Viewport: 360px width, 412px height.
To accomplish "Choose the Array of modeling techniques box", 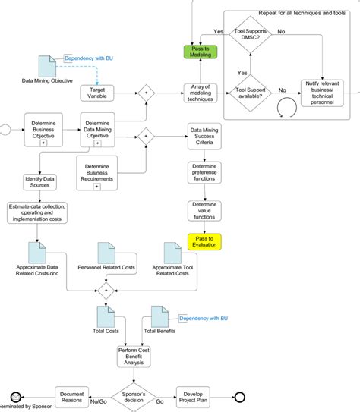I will coord(200,93).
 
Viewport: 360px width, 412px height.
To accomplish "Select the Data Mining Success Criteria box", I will coord(205,137).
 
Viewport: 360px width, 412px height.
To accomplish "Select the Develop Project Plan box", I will coord(197,395).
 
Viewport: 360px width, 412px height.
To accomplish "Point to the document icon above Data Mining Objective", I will coord(47,65).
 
